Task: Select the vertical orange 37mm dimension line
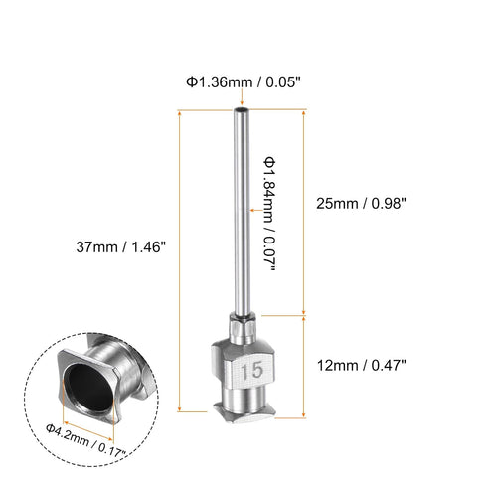point(179,258)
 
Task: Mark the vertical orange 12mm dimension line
point(304,362)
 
